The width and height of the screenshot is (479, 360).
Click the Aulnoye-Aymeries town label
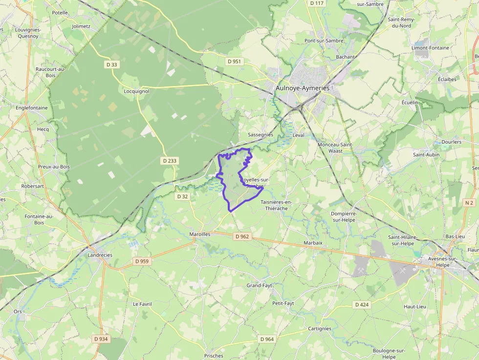coord(303,88)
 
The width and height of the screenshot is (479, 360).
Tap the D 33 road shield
coord(112,64)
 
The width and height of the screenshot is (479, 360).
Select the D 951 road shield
coord(235,62)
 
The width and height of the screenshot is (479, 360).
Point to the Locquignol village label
coord(136,91)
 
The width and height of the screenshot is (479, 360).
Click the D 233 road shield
coord(169,160)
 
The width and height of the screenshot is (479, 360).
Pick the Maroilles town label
coord(199,234)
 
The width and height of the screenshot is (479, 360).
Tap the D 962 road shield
coord(242,236)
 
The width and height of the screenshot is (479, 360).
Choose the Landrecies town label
coord(100,255)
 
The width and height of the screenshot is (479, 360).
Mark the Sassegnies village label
coord(261,134)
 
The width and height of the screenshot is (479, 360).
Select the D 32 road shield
coord(182,196)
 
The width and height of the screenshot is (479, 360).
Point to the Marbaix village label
coord(313,243)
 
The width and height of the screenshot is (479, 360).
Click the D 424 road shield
coord(362,305)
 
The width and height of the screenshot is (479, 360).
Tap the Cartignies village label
coord(320,329)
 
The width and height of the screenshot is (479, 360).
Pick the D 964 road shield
coord(267,339)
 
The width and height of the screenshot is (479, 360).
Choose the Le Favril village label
coord(142,304)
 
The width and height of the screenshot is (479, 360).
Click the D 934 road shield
coord(101,339)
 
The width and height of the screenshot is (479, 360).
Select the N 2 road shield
coord(469,202)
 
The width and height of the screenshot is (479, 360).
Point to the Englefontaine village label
coord(32,108)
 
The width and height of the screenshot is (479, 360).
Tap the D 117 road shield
coord(317,3)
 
